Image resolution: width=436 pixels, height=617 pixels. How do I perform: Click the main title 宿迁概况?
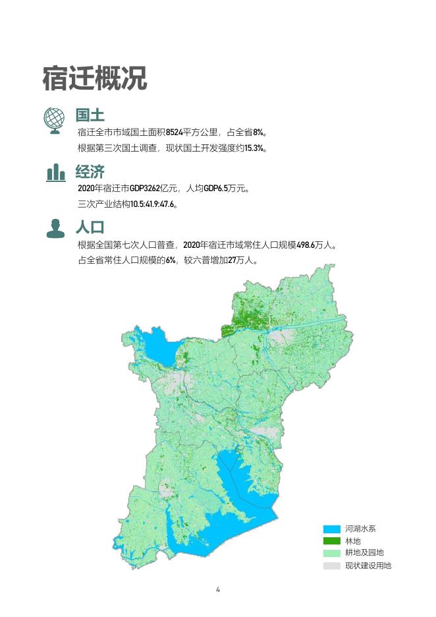94,78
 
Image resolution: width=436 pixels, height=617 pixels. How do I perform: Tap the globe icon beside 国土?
55,119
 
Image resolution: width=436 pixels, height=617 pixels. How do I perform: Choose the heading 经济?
90,172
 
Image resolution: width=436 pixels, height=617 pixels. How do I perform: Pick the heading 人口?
90,228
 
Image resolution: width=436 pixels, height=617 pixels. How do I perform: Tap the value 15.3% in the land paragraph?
254,148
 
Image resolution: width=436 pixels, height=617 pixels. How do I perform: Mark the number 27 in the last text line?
231,260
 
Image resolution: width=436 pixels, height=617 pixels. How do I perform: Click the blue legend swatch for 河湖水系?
332,529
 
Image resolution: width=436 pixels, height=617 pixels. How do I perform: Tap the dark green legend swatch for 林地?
332,541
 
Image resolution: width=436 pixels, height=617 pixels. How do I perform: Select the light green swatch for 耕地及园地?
332,553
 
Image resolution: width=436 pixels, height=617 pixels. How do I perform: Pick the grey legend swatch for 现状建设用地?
332,566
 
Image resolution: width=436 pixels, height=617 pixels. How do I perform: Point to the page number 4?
218,589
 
